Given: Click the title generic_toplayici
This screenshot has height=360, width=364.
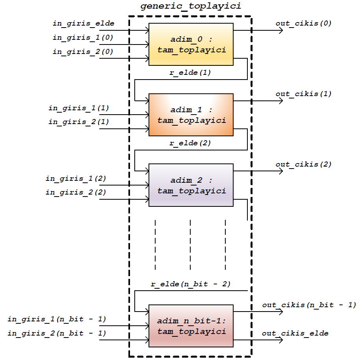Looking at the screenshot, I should (x=191, y=7).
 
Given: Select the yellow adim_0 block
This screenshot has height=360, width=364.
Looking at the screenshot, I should (x=191, y=44).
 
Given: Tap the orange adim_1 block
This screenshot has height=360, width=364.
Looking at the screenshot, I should (x=191, y=115).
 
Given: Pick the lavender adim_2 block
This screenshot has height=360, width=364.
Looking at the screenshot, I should (x=191, y=185).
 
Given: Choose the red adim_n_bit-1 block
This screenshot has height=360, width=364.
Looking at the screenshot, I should (x=191, y=326).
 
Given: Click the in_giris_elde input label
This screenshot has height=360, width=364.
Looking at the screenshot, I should (x=84, y=23).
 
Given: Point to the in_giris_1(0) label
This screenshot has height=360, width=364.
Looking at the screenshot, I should (x=83, y=37).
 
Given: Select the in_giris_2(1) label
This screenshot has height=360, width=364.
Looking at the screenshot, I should (x=79, y=122).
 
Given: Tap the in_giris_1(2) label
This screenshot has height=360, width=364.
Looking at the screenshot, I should (x=76, y=178).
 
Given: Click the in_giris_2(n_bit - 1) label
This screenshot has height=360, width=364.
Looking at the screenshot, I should (x=57, y=333).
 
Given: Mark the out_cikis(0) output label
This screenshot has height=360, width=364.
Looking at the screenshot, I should (x=303, y=23).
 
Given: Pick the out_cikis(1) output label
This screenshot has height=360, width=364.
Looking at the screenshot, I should (x=303, y=94).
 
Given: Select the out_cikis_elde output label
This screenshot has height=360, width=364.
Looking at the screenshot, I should (x=295, y=333).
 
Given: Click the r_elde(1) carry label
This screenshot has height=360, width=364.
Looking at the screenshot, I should (x=190, y=73).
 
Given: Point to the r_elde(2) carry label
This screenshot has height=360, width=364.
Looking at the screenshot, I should (x=190, y=143).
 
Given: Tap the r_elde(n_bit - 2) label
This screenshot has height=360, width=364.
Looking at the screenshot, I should (x=191, y=284).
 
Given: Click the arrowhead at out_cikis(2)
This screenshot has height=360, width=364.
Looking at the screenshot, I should (x=280, y=171).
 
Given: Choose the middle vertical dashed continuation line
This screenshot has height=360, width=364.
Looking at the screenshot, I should (x=190, y=245).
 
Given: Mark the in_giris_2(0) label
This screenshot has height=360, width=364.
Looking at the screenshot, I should (x=83, y=52).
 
